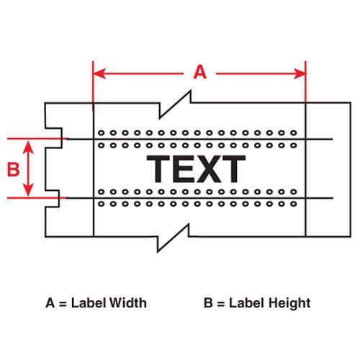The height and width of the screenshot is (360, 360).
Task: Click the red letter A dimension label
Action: pyautogui.click(x=200, y=72)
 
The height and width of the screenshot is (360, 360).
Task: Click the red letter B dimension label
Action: pyautogui.click(x=13, y=169)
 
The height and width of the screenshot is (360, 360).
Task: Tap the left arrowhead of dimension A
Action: pyautogui.click(x=99, y=73)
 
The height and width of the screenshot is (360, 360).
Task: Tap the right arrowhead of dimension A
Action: pyautogui.click(x=300, y=73)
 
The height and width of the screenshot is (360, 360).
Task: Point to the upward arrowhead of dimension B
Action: pyautogui.click(x=28, y=148)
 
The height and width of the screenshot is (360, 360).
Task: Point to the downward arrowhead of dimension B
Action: pyautogui.click(x=28, y=189)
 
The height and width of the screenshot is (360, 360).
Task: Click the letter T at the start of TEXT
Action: pyautogui.click(x=158, y=168)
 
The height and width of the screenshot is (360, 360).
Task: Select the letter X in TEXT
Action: pyautogui.click(x=208, y=168)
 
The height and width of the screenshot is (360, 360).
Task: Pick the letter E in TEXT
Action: pyautogui.click(x=183, y=168)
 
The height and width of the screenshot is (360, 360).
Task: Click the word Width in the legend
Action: pyautogui.click(x=127, y=302)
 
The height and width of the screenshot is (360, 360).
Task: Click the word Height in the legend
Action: pyautogui.click(x=289, y=303)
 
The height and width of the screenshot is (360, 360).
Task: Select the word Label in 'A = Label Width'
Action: pyautogui.click(x=88, y=302)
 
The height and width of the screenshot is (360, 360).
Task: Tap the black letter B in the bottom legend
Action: pyautogui.click(x=208, y=302)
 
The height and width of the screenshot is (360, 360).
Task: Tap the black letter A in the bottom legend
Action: pyautogui.click(x=50, y=302)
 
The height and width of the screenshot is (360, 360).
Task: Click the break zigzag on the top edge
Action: pyautogui.click(x=175, y=104)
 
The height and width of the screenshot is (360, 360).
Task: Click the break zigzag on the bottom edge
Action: pyautogui.click(x=174, y=238)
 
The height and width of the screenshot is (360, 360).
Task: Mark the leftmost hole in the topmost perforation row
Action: pyautogui.click(x=102, y=132)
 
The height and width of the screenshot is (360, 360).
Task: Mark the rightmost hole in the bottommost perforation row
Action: pyautogui.click(x=294, y=204)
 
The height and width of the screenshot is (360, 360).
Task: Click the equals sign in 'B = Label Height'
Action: pyautogui.click(x=221, y=304)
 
